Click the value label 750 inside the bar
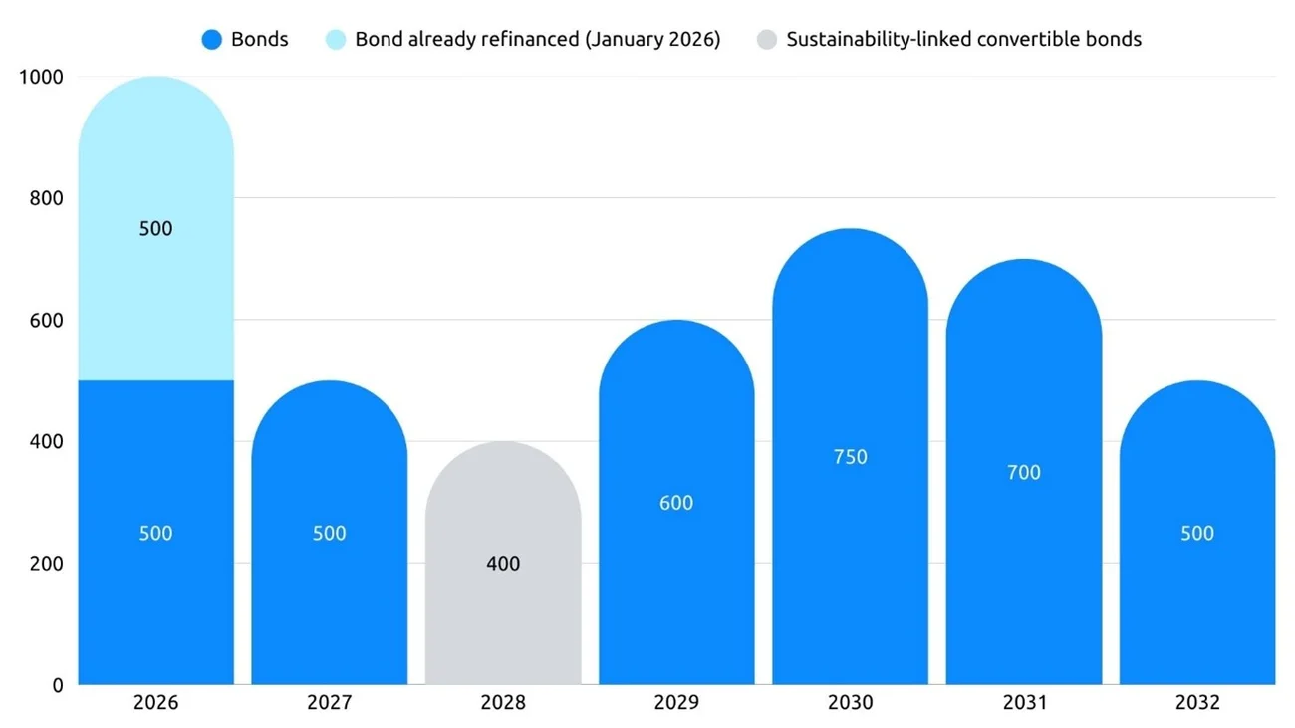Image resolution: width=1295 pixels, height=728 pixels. [x=850, y=457]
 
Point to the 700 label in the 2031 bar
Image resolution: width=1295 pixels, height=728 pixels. [x=1023, y=472]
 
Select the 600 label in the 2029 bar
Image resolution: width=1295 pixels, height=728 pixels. [x=676, y=503]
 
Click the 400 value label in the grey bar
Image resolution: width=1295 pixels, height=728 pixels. [x=503, y=564]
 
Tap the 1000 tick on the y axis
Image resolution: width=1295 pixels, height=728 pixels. [x=41, y=77]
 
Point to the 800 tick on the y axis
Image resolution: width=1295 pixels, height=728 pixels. [x=45, y=198]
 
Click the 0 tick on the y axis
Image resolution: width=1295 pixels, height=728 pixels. [x=58, y=685]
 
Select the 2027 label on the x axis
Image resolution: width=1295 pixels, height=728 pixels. [x=329, y=703]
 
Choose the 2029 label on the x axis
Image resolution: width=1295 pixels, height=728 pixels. [x=676, y=703]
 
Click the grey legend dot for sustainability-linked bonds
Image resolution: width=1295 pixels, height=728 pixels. [x=766, y=40]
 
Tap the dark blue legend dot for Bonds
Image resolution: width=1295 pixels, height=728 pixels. [x=211, y=40]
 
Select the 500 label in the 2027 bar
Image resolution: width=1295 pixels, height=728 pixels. [x=329, y=533]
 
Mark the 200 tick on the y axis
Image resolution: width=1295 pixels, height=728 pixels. [x=45, y=564]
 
